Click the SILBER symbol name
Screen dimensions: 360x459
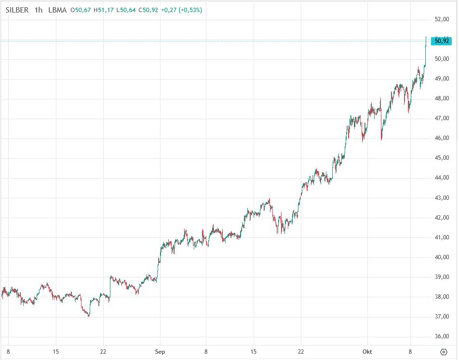click(x=16, y=10)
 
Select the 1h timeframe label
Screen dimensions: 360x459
click(x=39, y=10)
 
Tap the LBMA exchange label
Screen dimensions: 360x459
click(x=57, y=10)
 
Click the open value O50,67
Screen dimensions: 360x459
click(x=81, y=10)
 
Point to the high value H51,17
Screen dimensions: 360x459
click(x=104, y=10)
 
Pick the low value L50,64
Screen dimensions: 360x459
click(x=126, y=10)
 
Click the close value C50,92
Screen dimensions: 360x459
click(x=149, y=10)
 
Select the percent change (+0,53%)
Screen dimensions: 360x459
click(x=190, y=10)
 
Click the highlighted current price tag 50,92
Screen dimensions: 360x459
click(x=442, y=41)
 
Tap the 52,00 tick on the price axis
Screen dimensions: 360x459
click(x=442, y=19)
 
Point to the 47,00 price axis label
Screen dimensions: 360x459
click(x=442, y=118)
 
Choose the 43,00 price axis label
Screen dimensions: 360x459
click(x=442, y=198)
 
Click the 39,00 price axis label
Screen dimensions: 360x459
click(x=442, y=277)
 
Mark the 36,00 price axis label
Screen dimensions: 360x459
click(x=442, y=336)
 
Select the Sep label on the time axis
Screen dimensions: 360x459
click(x=160, y=352)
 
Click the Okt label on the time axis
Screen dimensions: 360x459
click(x=367, y=352)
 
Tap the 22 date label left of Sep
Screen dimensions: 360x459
click(x=103, y=352)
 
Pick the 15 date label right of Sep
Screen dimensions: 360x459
click(x=253, y=352)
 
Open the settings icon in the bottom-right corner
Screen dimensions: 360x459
click(x=444, y=352)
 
